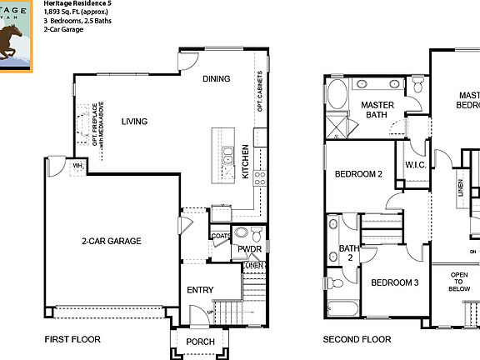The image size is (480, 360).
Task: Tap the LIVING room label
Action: [134, 122]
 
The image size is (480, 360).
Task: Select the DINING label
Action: [217, 79]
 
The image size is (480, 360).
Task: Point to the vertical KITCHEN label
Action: [245, 162]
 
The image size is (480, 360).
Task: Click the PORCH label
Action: [200, 342]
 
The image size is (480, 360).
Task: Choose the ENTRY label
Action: [201, 290]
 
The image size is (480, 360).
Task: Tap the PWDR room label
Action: [249, 249]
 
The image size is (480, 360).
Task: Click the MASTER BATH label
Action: [377, 110]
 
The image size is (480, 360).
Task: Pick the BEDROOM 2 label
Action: [358, 174]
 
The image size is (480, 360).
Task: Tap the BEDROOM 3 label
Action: [394, 282]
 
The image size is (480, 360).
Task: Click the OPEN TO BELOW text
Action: [459, 282]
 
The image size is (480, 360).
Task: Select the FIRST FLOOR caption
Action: [72, 340]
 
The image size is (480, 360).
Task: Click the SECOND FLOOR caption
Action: [357, 340]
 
